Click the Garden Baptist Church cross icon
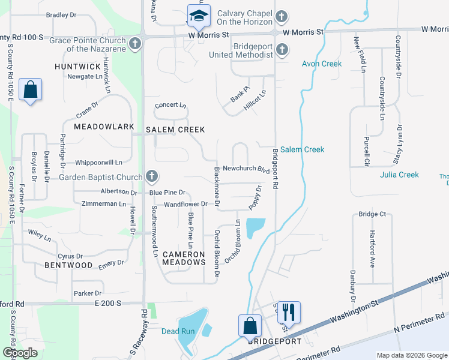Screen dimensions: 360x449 click(152, 176)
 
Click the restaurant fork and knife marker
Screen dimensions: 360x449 click(289, 312)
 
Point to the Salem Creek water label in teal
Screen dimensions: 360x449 click(302, 149)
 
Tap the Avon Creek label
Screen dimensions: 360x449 click(321, 64)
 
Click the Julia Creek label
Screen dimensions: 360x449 click(399, 175)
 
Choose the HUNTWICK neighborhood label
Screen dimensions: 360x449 click(77, 67)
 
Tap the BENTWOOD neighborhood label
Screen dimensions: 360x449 click(68, 265)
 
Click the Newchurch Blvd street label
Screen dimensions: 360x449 click(245, 169)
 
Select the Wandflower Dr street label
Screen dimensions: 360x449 click(185, 204)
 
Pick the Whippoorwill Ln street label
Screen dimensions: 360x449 click(98, 162)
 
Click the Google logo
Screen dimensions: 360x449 click(20, 353)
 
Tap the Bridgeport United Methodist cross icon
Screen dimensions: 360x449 click(282, 50)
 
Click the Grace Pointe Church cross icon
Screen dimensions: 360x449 click(135, 44)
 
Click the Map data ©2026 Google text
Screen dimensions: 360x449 click(411, 355)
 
